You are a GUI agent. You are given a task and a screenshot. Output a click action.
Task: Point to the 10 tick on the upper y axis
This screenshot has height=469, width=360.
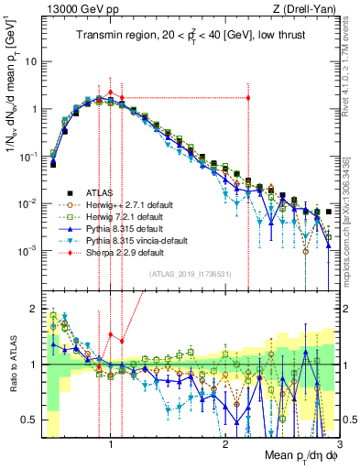31,61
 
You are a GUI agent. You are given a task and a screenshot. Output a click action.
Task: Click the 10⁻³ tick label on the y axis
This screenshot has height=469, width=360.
27,250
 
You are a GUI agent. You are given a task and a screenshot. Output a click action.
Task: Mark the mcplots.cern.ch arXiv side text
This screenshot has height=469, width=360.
348,220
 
